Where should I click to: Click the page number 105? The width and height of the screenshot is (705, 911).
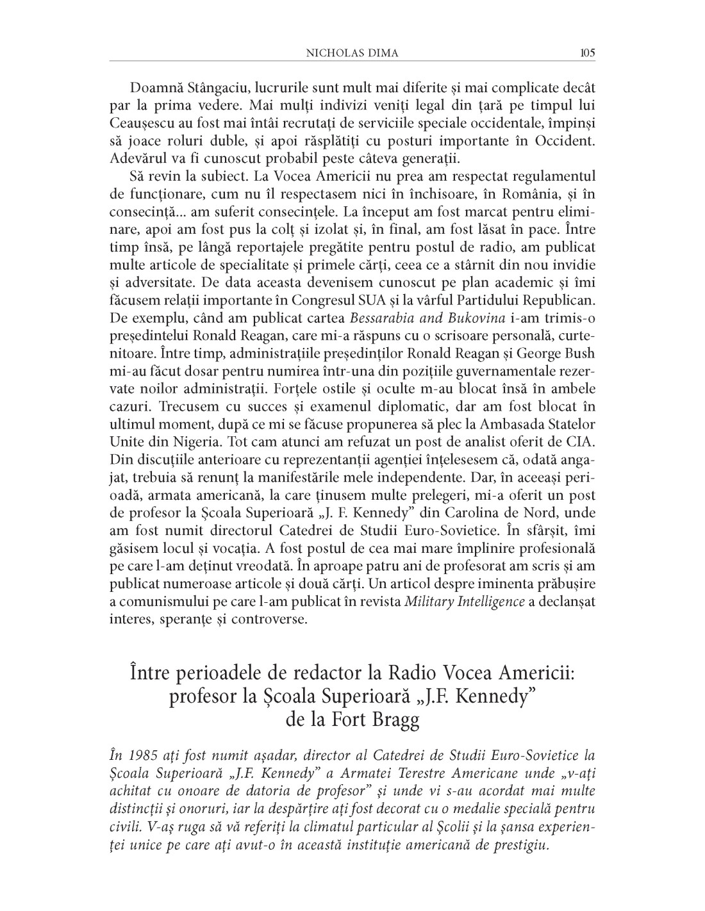tap(587, 53)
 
